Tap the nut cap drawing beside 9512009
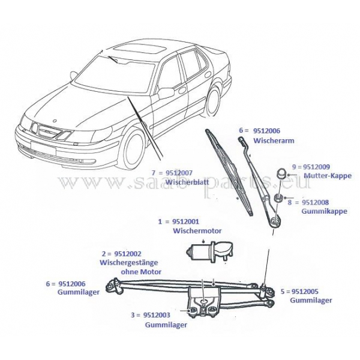tap(280, 174)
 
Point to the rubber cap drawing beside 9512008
tap(278, 199)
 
